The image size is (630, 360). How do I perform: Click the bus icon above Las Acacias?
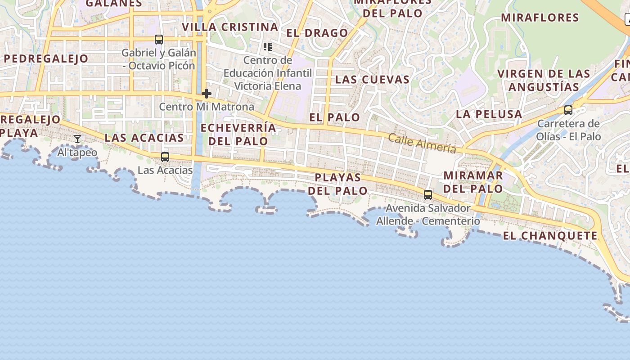(165, 157)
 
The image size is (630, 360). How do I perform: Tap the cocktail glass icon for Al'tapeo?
(77, 139)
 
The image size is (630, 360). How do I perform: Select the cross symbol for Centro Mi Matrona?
(207, 94)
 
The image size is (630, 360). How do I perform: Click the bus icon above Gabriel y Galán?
(159, 40)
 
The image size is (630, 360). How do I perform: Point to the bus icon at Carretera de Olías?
(568, 110)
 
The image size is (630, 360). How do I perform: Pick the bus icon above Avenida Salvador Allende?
(428, 195)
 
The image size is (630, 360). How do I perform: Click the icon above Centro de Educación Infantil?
(268, 46)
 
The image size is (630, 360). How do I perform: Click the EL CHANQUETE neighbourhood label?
(550, 236)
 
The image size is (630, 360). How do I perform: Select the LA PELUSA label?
(489, 114)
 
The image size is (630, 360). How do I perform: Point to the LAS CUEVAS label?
(373, 80)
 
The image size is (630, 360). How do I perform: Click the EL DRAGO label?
(317, 33)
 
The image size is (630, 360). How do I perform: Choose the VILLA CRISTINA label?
(230, 27)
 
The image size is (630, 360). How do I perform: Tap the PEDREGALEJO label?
(46, 58)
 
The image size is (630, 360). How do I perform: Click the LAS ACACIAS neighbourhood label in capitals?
(144, 138)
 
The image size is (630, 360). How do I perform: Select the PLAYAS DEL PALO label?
(338, 184)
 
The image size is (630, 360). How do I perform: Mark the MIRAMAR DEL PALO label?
(473, 182)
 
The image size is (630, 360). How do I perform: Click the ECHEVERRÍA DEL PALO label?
(238, 134)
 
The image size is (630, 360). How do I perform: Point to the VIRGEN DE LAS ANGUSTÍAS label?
(544, 80)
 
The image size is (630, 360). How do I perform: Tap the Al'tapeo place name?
(77, 153)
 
